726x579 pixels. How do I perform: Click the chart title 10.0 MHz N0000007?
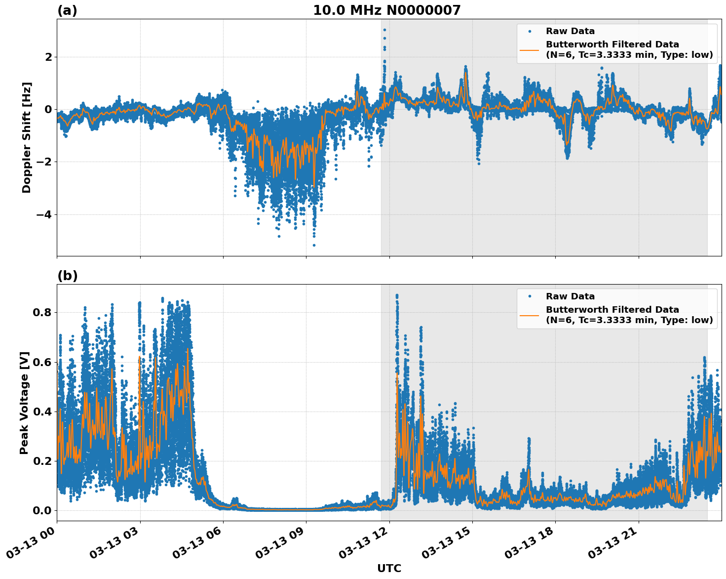[x=386, y=10]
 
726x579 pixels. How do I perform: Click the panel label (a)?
[x=67, y=10]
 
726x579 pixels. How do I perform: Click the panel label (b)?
[x=67, y=276]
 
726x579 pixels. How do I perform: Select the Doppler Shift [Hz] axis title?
[x=27, y=137]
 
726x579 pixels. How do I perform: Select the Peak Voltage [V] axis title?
[x=24, y=403]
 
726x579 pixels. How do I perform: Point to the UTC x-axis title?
[x=389, y=568]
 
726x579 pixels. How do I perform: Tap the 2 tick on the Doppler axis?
[x=48, y=57]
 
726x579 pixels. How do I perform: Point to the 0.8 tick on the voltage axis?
[x=42, y=313]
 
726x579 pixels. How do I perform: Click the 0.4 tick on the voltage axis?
[x=42, y=412]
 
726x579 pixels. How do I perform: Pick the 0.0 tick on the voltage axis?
[x=42, y=510]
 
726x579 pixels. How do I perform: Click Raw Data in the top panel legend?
[x=570, y=32]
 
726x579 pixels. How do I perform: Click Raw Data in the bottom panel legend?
[x=570, y=296]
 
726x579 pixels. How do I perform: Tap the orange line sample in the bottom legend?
[x=529, y=315]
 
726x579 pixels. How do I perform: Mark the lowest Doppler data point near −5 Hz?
[x=314, y=245]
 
